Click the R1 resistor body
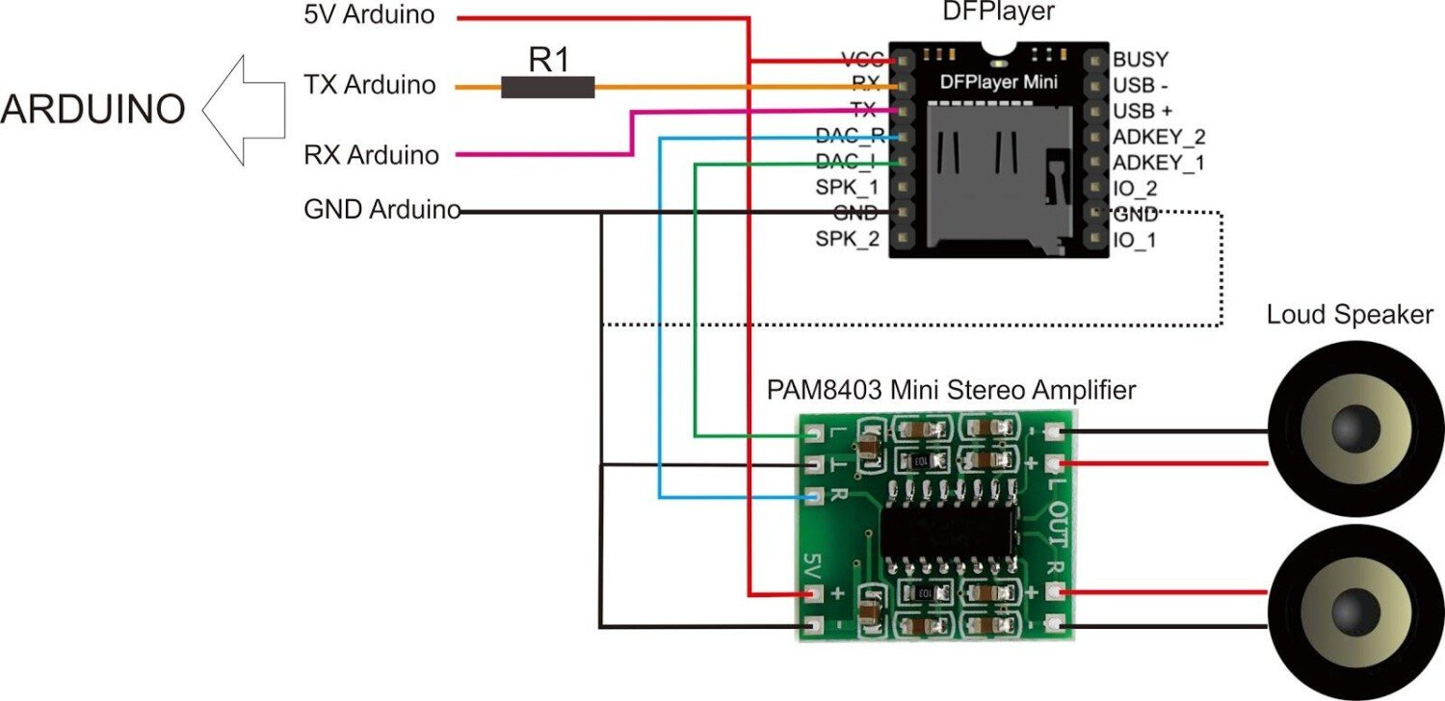click(547, 88)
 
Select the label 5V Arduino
click(369, 15)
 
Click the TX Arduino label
click(369, 85)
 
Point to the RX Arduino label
click(370, 154)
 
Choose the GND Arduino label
click(381, 211)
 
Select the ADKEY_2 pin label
click(1159, 137)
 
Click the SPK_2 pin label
click(847, 239)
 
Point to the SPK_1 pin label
click(847, 188)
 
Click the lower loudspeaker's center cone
click(1354, 609)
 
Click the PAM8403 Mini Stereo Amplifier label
click(951, 390)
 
